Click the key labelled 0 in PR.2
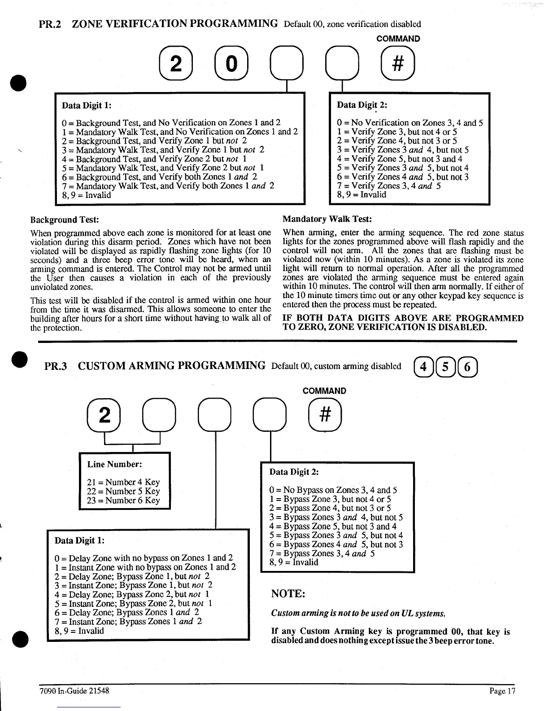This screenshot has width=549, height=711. tap(231, 65)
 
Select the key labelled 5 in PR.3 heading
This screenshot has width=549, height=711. tap(445, 367)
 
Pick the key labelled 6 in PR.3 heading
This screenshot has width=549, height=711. tap(468, 367)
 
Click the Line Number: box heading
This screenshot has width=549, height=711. tap(114, 465)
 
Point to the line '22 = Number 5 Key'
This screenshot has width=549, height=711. tap(123, 491)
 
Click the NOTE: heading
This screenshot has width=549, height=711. tap(288, 594)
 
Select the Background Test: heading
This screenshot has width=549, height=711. tap(64, 219)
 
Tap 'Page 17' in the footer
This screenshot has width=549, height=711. tap(502, 691)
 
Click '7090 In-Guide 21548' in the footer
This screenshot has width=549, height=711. tap(74, 691)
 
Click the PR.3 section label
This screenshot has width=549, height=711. tap(56, 366)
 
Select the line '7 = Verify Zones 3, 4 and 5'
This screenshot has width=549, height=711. tap(388, 186)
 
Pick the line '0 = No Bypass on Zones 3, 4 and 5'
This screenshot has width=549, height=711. tap(333, 490)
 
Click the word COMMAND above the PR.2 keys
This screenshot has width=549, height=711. tap(398, 39)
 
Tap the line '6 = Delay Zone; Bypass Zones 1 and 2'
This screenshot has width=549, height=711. tap(127, 612)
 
